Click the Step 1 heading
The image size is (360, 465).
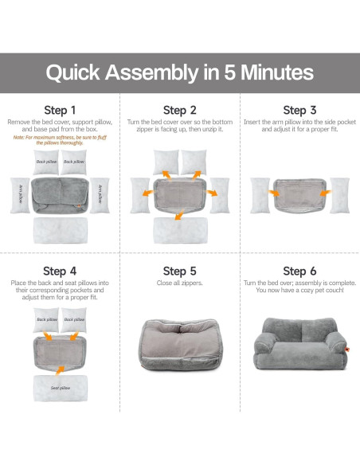[x=60, y=111]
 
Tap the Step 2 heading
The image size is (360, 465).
[x=180, y=111]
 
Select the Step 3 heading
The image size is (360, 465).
[x=299, y=111]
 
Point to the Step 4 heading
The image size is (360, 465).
[x=60, y=271]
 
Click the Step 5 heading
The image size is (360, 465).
[x=180, y=271]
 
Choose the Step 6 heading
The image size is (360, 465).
[x=299, y=271]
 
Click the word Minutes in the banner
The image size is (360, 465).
[x=277, y=72]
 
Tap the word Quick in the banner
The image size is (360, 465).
[x=73, y=72]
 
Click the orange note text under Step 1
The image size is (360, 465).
[x=60, y=140]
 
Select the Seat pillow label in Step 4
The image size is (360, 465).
[x=61, y=388]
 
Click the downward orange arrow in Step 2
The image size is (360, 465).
[x=179, y=215]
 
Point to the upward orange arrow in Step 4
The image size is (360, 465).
[x=60, y=370]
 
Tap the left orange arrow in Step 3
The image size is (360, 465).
[x=274, y=193]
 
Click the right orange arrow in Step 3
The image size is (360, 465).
[x=325, y=193]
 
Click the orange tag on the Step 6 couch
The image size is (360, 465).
[x=347, y=350]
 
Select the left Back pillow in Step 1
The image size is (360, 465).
[x=46, y=162]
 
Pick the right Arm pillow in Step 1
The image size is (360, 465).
[x=100, y=195]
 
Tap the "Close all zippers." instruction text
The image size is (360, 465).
[x=180, y=283]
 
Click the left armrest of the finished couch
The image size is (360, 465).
[x=264, y=342]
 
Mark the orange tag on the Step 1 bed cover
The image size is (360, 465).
[x=79, y=205]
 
